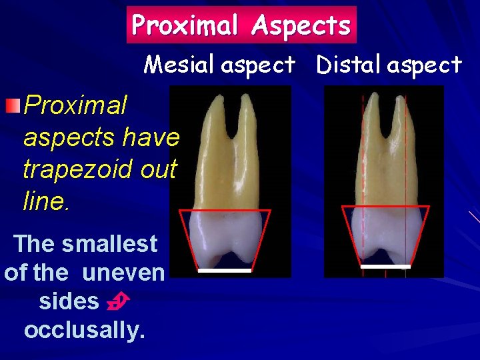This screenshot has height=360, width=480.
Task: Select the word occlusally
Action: [x=85, y=330]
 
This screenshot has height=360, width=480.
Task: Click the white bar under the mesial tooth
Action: [x=224, y=271]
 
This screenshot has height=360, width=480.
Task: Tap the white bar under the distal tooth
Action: [x=385, y=267]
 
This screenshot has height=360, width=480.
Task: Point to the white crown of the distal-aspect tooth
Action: [x=385, y=230]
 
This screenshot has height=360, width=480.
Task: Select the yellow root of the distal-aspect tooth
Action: [x=385, y=160]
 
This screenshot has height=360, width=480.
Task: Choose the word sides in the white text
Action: [x=69, y=301]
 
